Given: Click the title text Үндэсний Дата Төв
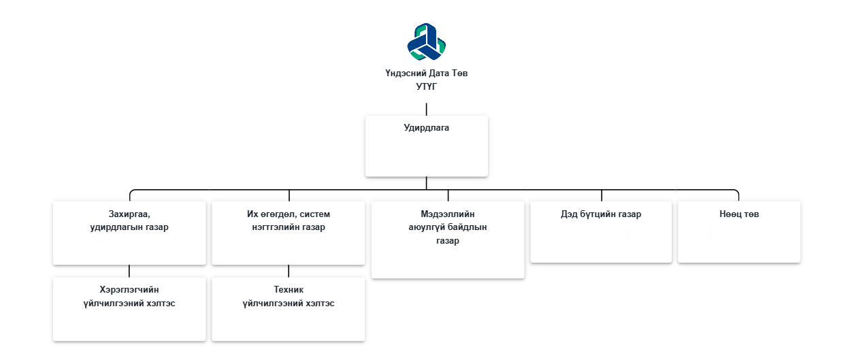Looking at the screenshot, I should pyautogui.click(x=426, y=73).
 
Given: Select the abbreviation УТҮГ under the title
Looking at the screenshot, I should pyautogui.click(x=426, y=86).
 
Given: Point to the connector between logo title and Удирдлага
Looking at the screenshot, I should pyautogui.click(x=426, y=109).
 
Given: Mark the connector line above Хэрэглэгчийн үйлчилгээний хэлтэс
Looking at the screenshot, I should pyautogui.click(x=129, y=271).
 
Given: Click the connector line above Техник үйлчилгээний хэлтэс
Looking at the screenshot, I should pyautogui.click(x=288, y=271).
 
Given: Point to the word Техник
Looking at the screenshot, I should pyautogui.click(x=288, y=290).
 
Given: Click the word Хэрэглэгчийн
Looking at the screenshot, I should pyautogui.click(x=129, y=290).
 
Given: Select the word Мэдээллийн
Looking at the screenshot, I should pyautogui.click(x=447, y=214).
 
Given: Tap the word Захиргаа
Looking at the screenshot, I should pyautogui.click(x=129, y=214).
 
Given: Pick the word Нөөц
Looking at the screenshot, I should pyautogui.click(x=730, y=214).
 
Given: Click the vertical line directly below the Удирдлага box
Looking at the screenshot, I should pyautogui.click(x=426, y=182).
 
